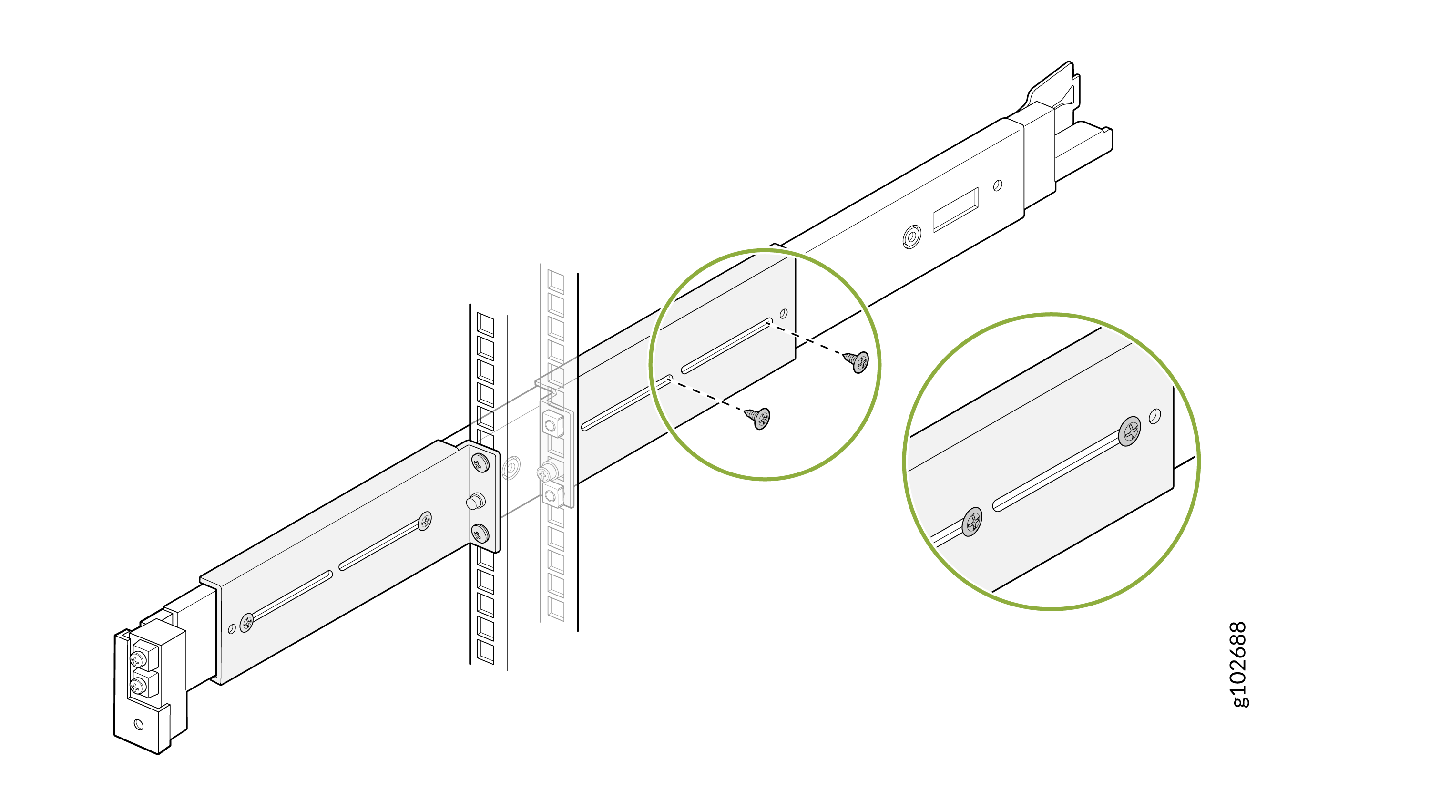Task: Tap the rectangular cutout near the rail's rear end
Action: point(955,210)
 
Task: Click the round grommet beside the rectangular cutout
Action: point(911,237)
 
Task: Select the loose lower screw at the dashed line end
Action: point(759,418)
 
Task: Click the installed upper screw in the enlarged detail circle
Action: point(1130,431)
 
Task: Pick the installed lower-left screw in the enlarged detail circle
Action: point(971,522)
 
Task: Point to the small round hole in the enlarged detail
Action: point(1154,416)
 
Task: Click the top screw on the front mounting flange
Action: point(480,462)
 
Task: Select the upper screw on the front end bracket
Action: point(137,659)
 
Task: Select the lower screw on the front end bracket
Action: point(137,687)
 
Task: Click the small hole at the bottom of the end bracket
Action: point(139,724)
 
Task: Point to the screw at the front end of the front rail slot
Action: point(246,622)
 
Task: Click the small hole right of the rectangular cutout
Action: point(998,185)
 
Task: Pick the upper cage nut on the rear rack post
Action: point(552,425)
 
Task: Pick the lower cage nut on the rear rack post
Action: point(552,493)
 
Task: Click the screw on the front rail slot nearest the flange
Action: point(425,521)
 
